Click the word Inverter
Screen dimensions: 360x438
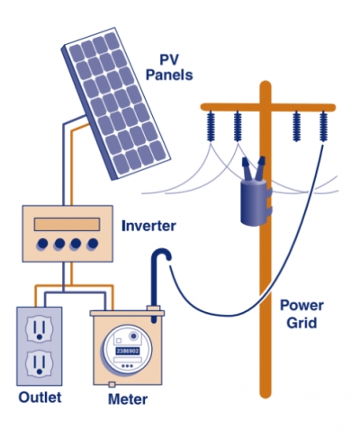(148, 226)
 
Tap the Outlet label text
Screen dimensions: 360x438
(40, 398)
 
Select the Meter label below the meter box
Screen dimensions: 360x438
(128, 399)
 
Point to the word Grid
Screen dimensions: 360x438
(301, 323)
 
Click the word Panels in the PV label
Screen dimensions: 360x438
(169, 75)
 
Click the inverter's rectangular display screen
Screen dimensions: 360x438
(67, 224)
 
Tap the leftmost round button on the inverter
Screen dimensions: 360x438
(42, 244)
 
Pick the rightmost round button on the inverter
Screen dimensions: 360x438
(93, 244)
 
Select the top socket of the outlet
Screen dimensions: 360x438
(39, 328)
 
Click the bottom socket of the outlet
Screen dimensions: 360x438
(39, 363)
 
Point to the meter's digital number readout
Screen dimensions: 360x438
(128, 351)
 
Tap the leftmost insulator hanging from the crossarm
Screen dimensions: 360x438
(211, 126)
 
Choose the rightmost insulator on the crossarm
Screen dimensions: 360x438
(323, 126)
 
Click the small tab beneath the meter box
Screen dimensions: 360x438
(112, 384)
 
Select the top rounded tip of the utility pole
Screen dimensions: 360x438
(265, 85)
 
